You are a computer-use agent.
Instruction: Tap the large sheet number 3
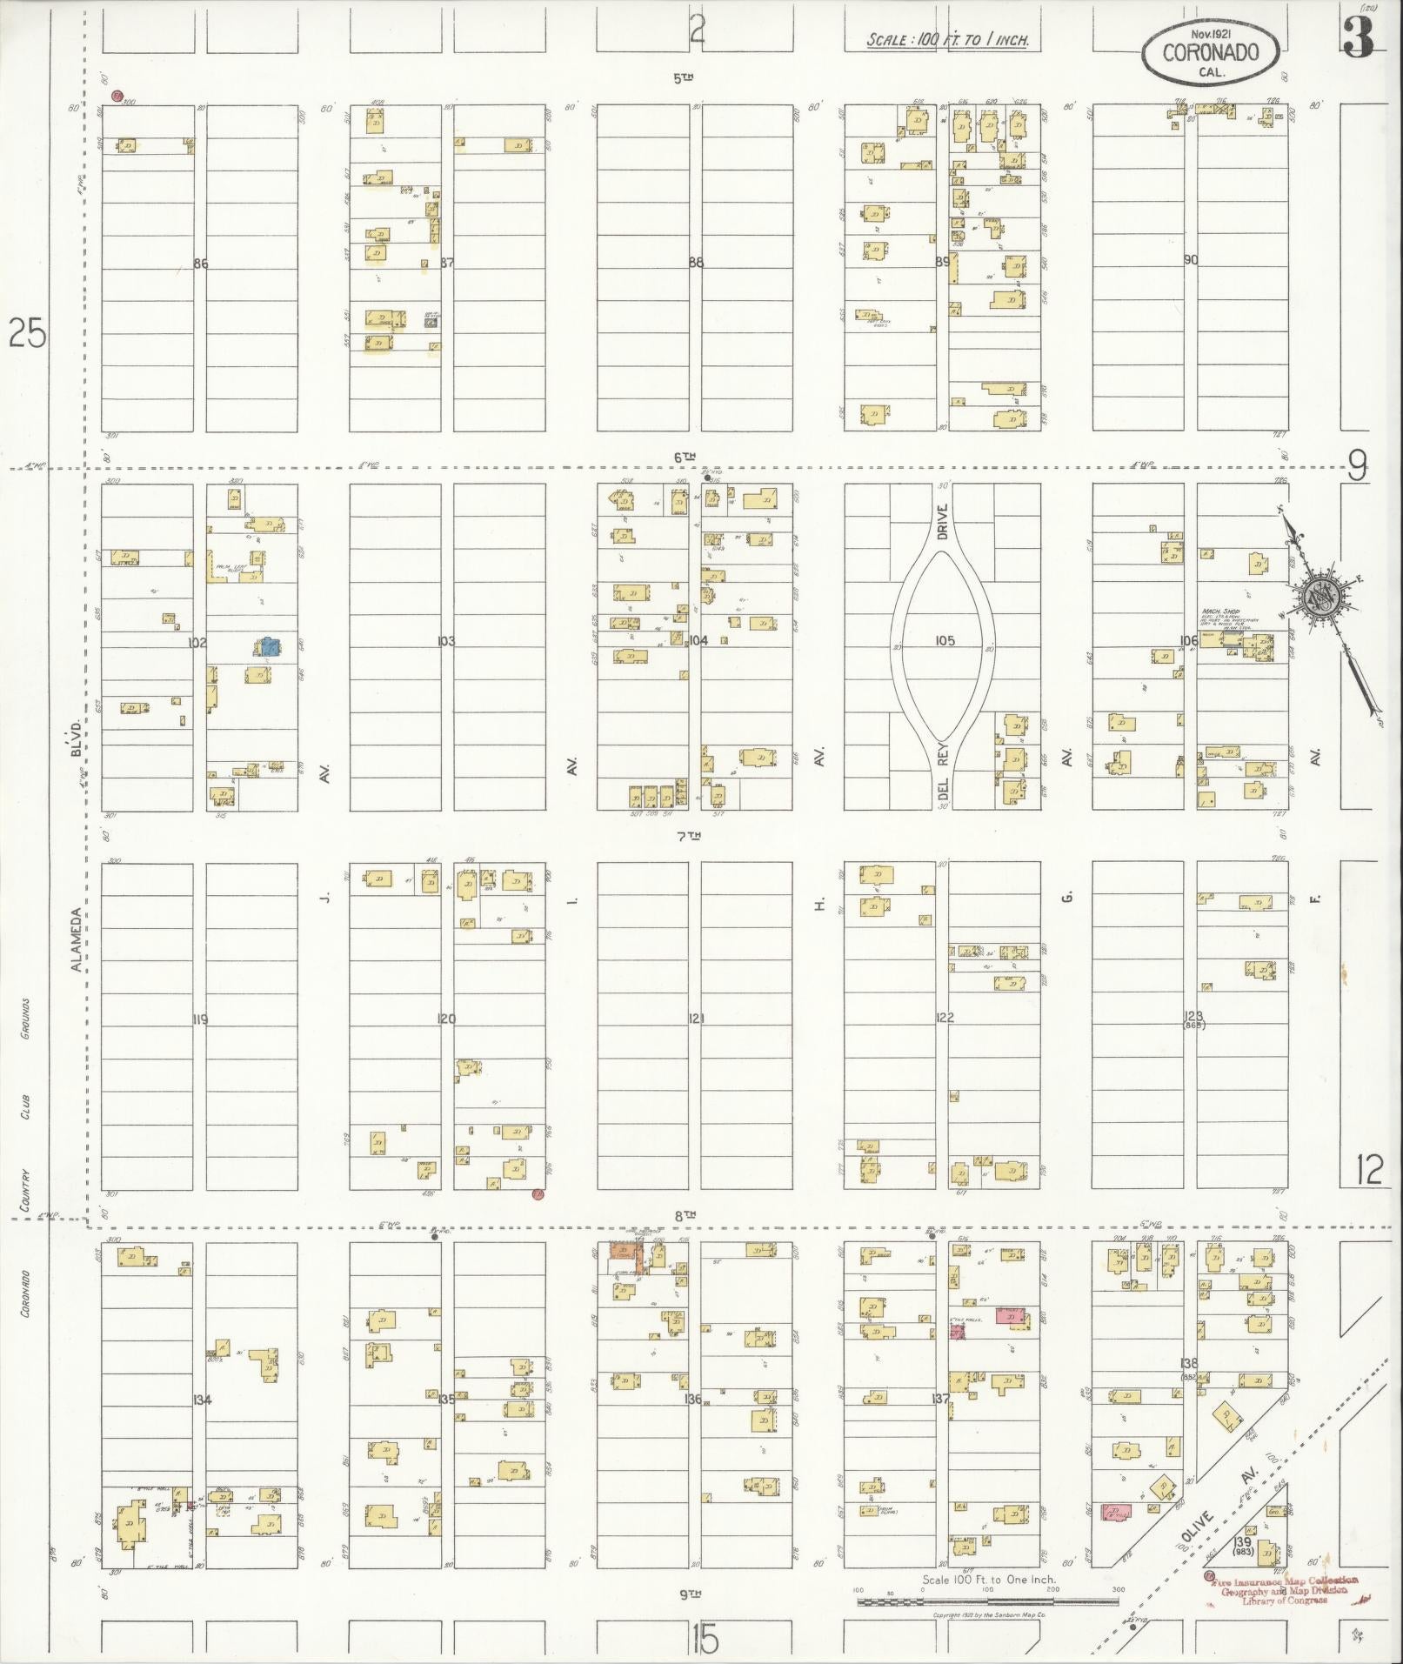[x=1358, y=37]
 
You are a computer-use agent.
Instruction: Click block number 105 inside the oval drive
[x=945, y=641]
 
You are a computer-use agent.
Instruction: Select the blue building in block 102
[x=269, y=646]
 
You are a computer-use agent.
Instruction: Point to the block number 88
[x=695, y=262]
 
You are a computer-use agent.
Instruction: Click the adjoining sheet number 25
[x=26, y=333]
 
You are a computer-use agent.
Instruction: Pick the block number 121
[x=695, y=1018]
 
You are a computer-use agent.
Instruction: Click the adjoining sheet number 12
[x=1368, y=1170]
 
